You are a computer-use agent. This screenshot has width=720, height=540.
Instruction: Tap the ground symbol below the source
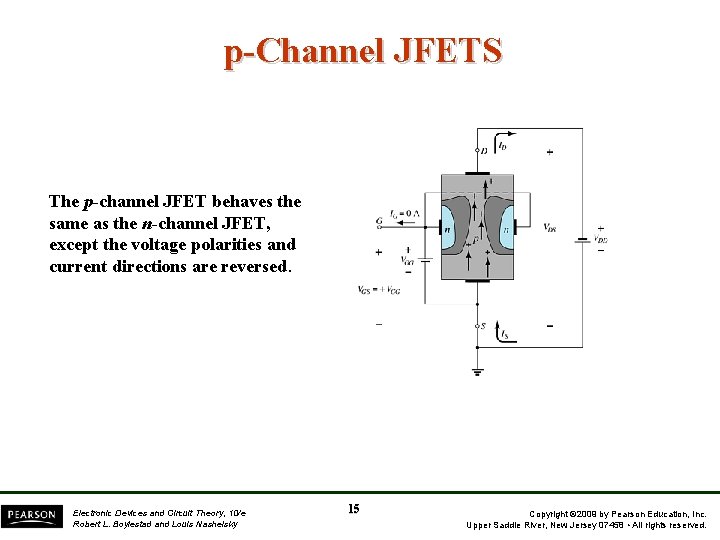pos(477,371)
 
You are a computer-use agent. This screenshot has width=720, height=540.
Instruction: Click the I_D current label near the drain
pos(501,146)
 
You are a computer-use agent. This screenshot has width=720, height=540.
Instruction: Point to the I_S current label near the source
pos(504,334)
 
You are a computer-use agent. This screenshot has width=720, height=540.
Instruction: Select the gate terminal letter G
pos(379,222)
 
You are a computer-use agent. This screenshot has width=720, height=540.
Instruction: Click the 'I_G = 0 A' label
pos(404,213)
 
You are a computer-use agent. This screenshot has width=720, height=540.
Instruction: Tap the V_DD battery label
pos(600,239)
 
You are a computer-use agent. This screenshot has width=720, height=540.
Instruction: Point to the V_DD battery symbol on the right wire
pos(582,240)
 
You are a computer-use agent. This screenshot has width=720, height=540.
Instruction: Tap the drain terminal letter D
pos(484,151)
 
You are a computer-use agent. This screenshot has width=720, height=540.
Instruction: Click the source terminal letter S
pos(483,326)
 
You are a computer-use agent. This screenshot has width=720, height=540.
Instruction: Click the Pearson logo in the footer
pos(30,516)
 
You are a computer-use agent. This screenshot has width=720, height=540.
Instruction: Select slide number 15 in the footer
pos(354,509)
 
